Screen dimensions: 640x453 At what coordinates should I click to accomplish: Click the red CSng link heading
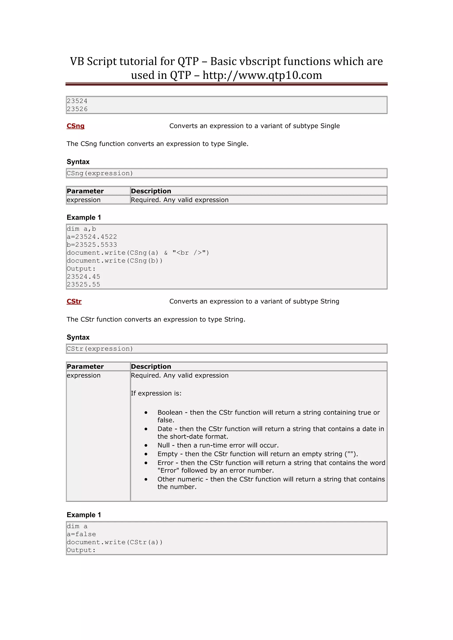(75, 126)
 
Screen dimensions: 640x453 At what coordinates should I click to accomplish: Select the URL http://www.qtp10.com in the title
(262, 75)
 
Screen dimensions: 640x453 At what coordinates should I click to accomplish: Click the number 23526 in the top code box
(77, 109)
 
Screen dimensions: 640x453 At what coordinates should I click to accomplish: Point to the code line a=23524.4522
(92, 237)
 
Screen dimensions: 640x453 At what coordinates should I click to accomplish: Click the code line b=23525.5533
(92, 245)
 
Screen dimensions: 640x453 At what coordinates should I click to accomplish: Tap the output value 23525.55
(83, 285)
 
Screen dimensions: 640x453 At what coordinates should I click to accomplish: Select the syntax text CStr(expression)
(100, 349)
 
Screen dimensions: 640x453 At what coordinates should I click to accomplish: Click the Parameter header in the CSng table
(85, 191)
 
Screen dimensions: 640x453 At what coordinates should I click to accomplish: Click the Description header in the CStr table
(151, 367)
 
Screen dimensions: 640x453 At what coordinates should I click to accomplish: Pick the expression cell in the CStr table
(83, 375)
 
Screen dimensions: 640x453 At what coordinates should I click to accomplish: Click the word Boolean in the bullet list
(170, 413)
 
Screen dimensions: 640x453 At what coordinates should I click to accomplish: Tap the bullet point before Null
(146, 446)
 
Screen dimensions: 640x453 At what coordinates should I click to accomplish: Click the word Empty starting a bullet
(167, 454)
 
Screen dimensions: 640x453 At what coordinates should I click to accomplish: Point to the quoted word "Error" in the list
(168, 470)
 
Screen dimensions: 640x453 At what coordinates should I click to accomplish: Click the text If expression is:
(156, 393)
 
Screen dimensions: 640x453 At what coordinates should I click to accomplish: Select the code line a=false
(81, 534)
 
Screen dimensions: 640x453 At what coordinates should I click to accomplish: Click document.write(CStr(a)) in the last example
(114, 542)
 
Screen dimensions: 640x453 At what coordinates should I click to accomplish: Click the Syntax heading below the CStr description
(78, 337)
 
